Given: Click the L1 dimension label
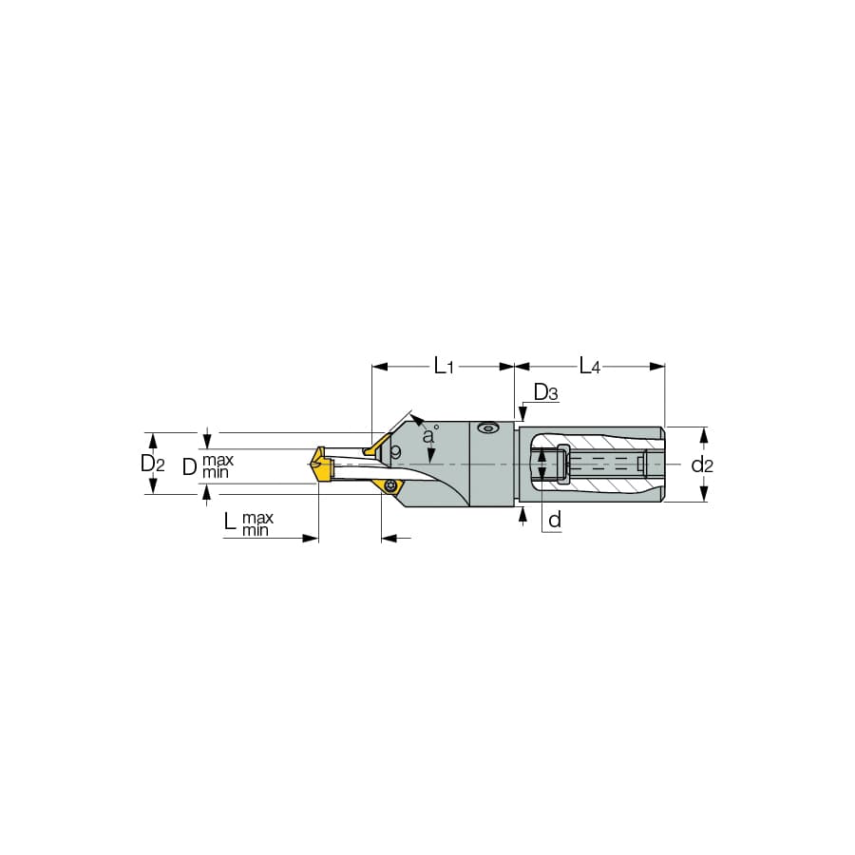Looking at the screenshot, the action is (444, 366).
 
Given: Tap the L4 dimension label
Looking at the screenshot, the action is (589, 366).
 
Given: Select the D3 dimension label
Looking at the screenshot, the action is (546, 392).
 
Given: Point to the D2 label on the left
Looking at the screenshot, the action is (153, 464).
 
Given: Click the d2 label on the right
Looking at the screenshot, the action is (702, 465).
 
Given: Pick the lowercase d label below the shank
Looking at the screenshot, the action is (555, 520).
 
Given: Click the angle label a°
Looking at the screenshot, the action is (430, 434).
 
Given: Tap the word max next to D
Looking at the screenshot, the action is (218, 460).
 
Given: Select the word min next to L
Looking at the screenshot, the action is (256, 529).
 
